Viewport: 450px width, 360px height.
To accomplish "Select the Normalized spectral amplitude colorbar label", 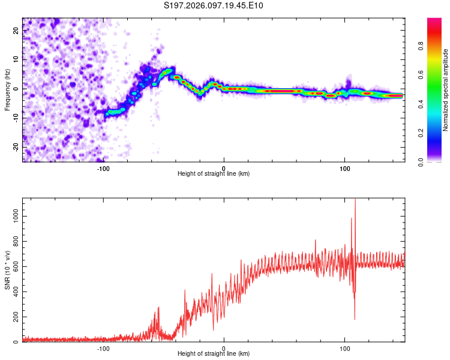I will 445,90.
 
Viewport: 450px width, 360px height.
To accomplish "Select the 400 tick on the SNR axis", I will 13,292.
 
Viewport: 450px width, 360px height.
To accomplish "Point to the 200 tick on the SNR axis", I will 13,317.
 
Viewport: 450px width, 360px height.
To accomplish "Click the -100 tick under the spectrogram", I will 103,168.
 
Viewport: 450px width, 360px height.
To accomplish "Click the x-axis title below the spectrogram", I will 214,173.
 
